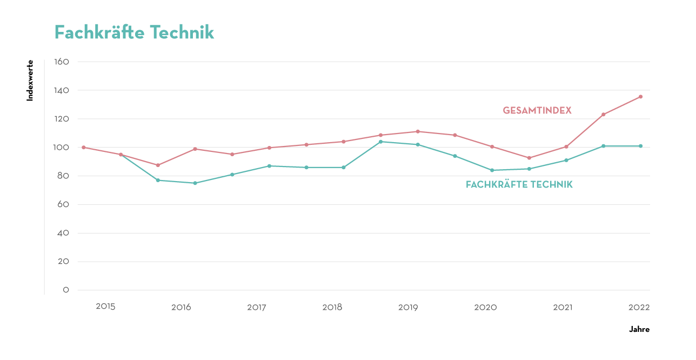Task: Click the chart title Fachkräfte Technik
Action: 134,32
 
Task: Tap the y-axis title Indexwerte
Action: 30,81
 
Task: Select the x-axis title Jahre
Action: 639,329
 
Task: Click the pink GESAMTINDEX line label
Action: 537,110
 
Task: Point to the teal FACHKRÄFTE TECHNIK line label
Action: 519,184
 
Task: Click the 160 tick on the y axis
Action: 62,62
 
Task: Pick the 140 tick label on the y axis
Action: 62,90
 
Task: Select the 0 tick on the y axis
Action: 66,290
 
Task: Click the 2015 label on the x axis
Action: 105,306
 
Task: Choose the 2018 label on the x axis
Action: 332,307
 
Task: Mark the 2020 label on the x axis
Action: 485,307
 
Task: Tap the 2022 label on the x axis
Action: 639,307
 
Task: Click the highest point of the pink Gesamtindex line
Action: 640,97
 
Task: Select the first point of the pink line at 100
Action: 83,147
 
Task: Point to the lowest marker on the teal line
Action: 195,183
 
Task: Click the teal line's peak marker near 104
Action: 380,142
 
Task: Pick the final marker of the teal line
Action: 640,146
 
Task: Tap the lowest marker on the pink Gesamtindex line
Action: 158,165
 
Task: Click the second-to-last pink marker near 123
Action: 603,114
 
